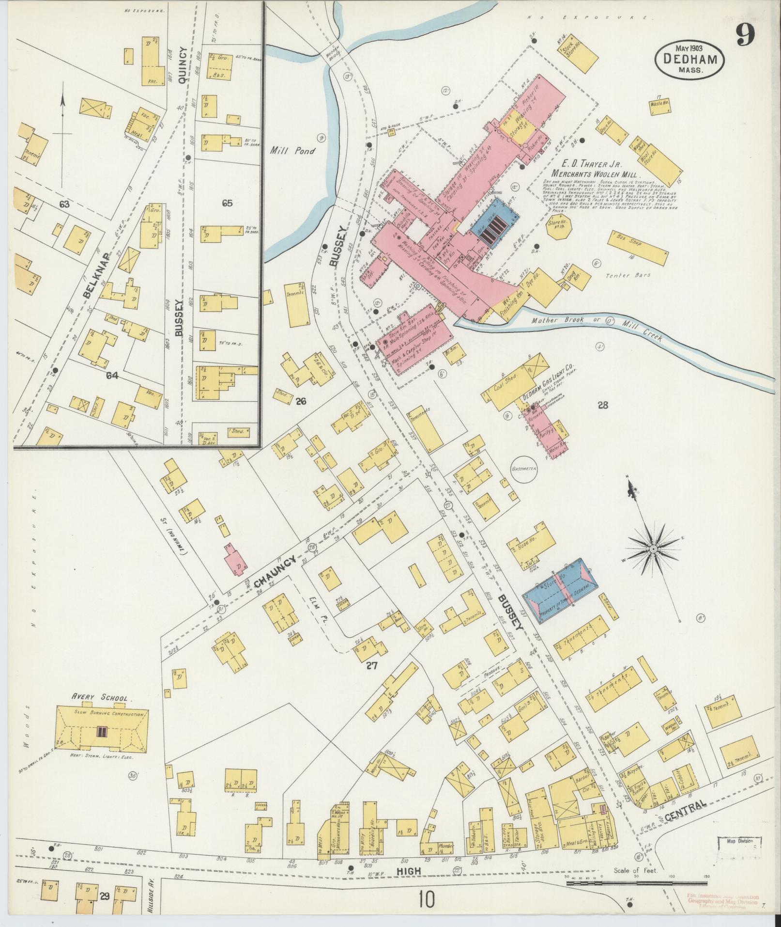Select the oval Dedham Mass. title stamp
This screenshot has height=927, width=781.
point(690,58)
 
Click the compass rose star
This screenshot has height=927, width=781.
point(653,549)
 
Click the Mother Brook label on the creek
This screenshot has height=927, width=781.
point(553,320)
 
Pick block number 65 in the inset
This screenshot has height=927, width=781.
point(227,203)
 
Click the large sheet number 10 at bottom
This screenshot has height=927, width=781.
point(427,900)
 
